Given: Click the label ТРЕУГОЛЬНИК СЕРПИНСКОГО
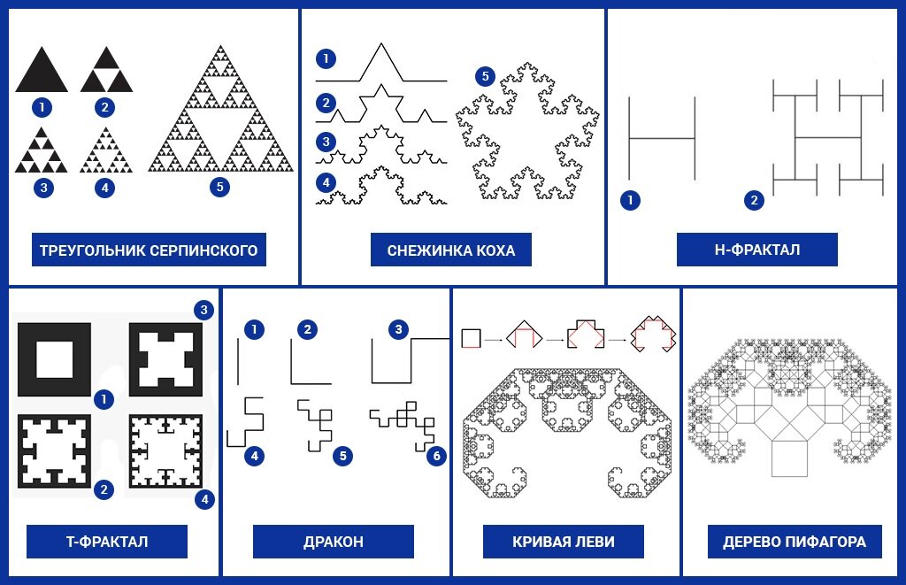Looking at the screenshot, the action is (149, 250).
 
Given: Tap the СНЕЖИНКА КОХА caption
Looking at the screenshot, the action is (450, 250).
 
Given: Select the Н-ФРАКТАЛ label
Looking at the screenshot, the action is (757, 250).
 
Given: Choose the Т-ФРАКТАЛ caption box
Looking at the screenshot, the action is (107, 542).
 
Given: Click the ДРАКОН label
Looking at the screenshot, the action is (334, 542).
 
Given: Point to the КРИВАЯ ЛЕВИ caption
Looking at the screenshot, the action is (564, 542).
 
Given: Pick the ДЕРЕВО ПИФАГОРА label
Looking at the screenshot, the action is (795, 542).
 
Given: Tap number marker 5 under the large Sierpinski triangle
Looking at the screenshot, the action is (219, 187).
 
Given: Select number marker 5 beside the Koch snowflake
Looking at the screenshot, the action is (486, 76).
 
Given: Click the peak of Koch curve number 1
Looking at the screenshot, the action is (380, 44).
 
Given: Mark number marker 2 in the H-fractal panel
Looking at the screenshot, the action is (754, 200).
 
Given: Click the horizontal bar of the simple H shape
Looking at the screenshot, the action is (662, 139).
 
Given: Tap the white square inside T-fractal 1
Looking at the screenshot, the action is (55, 359).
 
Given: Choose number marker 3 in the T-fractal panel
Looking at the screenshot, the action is (203, 310).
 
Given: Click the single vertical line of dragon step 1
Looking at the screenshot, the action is (238, 362).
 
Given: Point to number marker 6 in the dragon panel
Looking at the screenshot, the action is (437, 456).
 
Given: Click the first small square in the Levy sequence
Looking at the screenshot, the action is (471, 338).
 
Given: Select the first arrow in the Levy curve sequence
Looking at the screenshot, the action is (494, 340).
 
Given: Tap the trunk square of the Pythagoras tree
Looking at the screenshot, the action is (789, 458).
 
